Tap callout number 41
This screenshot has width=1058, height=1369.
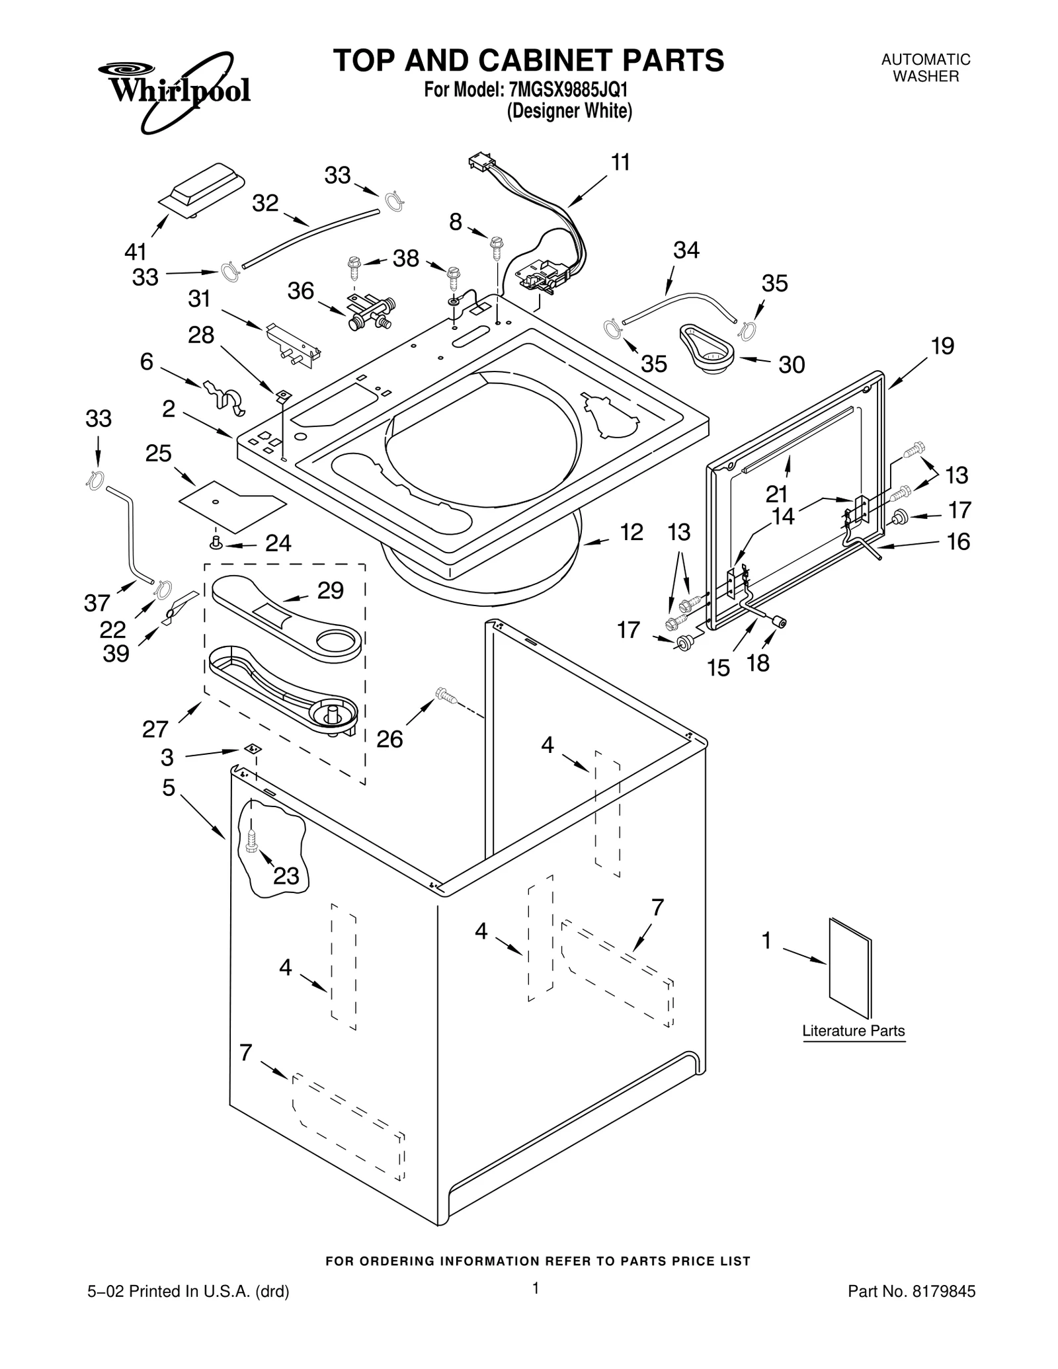click(136, 252)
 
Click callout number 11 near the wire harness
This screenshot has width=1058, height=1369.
click(620, 163)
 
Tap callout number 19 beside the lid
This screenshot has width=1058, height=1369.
click(942, 346)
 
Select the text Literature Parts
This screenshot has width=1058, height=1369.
click(853, 1031)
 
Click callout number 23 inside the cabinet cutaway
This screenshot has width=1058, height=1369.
click(286, 877)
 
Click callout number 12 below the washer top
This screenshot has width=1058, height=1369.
click(631, 532)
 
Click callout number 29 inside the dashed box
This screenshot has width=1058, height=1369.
click(330, 590)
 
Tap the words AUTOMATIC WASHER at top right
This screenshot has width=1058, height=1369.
click(925, 68)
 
